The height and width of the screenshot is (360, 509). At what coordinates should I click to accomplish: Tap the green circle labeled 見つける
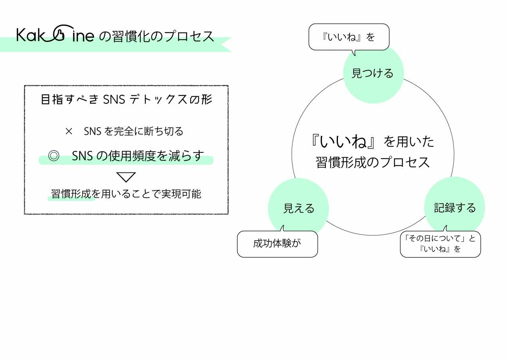[x=373, y=73]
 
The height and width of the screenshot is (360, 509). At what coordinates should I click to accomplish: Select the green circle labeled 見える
[x=298, y=208]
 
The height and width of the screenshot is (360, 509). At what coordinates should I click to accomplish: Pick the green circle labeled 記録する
[x=455, y=207]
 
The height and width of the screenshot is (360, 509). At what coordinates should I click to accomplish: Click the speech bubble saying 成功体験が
[x=277, y=244]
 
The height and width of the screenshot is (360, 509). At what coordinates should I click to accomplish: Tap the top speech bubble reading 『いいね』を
[x=349, y=37]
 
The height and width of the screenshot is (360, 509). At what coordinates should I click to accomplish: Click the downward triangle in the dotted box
[x=126, y=177]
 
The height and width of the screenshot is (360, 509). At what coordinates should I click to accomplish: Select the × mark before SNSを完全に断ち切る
[x=69, y=132]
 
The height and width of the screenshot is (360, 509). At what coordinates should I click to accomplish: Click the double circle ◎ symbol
[x=53, y=156]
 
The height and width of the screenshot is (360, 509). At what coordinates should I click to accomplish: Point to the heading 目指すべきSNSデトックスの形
[x=126, y=100]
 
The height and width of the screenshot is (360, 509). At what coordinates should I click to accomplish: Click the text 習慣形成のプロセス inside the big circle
[x=373, y=162]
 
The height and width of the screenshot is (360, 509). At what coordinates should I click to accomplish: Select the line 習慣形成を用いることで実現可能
[x=126, y=194]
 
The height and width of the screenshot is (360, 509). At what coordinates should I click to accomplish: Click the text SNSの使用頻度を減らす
[x=138, y=156]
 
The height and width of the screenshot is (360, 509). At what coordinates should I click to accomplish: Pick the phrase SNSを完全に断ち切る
[x=134, y=132]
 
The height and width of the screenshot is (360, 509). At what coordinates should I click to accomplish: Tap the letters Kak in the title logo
[x=32, y=35]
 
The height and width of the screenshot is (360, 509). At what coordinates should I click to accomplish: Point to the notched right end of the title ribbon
[x=226, y=44]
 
